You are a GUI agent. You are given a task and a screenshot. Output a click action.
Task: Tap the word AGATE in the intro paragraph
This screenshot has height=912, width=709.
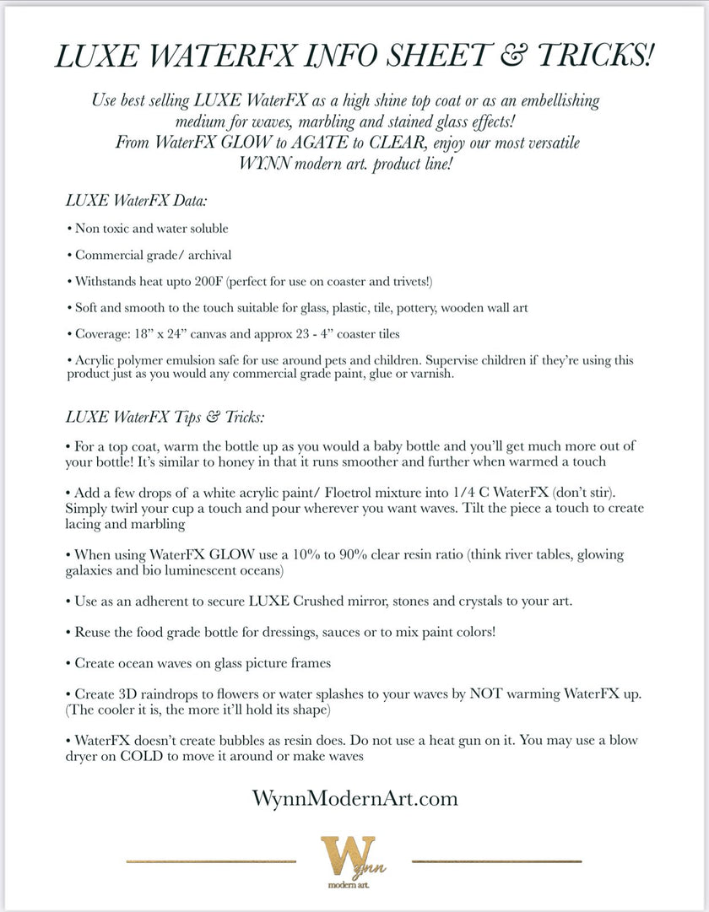point(354,143)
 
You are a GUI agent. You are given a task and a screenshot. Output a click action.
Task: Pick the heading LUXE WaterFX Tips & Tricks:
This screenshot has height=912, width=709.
point(165,418)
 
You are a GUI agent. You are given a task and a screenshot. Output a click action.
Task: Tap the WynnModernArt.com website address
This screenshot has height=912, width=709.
point(354,797)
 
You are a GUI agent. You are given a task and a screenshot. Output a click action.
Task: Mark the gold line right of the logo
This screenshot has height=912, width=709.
point(497,861)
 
